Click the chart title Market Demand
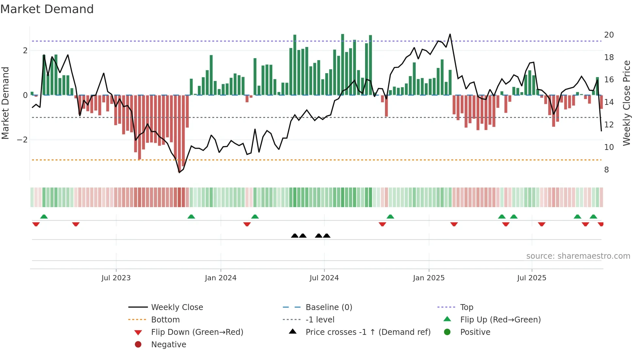click(47, 9)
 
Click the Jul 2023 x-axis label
click(116, 278)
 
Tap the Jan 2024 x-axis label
click(220, 278)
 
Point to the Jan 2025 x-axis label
click(428, 278)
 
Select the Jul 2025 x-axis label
click(532, 278)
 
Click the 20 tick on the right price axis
click(609, 35)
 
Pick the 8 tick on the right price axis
click(606, 170)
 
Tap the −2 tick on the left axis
click(22, 140)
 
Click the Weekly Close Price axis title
click(626, 103)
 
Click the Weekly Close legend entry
click(177, 307)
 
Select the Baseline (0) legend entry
click(328, 307)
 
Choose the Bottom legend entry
click(165, 320)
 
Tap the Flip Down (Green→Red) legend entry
click(197, 332)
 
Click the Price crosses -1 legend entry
click(368, 332)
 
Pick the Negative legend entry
click(168, 345)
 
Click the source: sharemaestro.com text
click(578, 256)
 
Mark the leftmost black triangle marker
click(295, 236)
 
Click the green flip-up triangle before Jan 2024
click(191, 217)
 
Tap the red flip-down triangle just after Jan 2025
click(454, 224)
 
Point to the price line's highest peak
click(450, 34)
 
